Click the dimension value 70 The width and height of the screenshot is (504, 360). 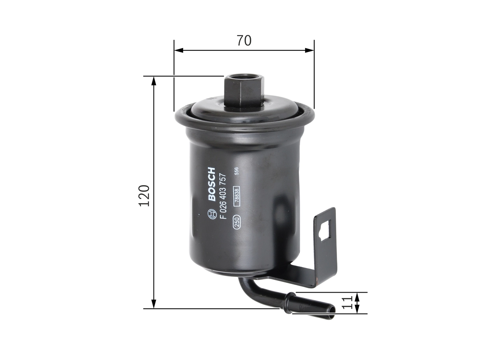click(244, 40)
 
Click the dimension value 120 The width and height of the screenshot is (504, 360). click(144, 195)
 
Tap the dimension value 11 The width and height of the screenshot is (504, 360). click(346, 303)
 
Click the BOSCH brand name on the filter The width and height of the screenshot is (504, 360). click(211, 184)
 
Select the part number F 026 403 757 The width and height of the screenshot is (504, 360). click(223, 196)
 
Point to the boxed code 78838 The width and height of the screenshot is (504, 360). click(237, 196)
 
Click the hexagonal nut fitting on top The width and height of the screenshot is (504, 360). click(244, 91)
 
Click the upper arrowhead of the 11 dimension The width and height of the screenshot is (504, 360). click(357, 297)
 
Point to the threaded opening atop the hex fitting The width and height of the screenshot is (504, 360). click(244, 76)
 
